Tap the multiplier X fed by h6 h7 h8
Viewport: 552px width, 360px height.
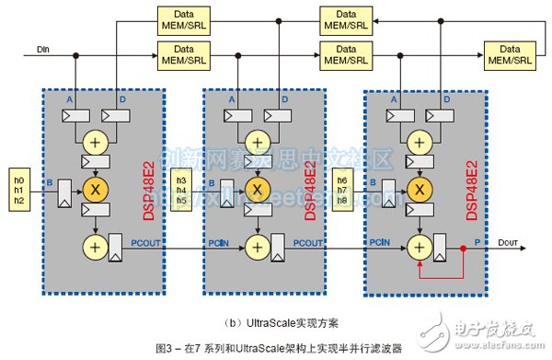click(420, 190)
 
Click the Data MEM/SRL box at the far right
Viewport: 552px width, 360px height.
click(511, 52)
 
